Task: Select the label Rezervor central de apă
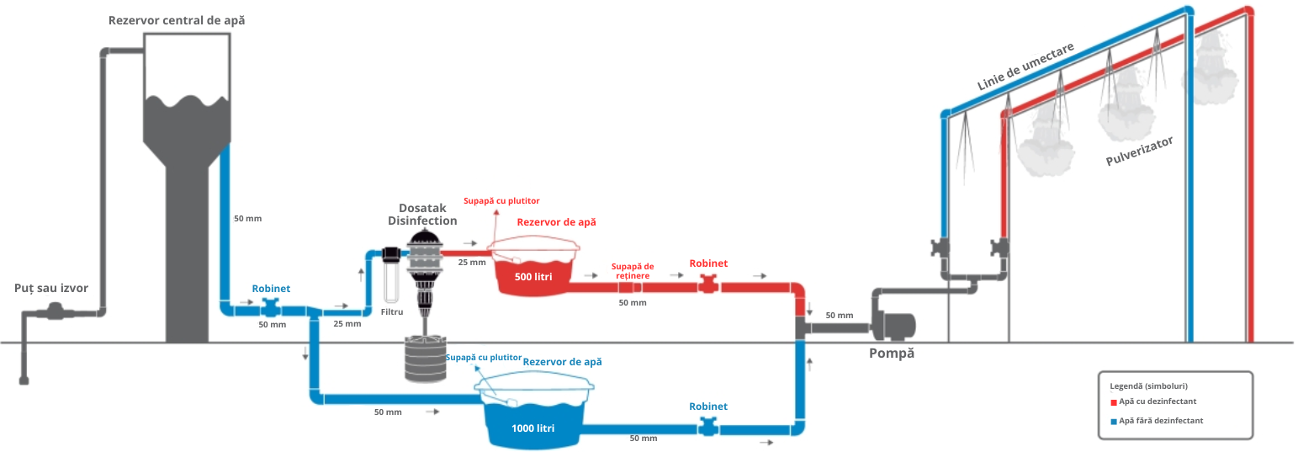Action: [177, 20]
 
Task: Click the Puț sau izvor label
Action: [51, 288]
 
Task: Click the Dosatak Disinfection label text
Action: [422, 215]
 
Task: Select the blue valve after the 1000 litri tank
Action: [708, 428]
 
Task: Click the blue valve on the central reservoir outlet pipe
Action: [271, 308]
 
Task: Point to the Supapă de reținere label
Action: [633, 271]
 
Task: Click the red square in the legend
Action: [1114, 402]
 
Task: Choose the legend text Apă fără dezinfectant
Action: [1161, 421]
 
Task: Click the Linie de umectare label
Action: [1025, 66]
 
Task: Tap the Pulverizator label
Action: [1139, 151]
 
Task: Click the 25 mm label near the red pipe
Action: [472, 263]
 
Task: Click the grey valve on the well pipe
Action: [55, 313]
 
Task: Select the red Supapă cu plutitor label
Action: [501, 200]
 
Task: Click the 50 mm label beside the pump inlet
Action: [839, 316]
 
